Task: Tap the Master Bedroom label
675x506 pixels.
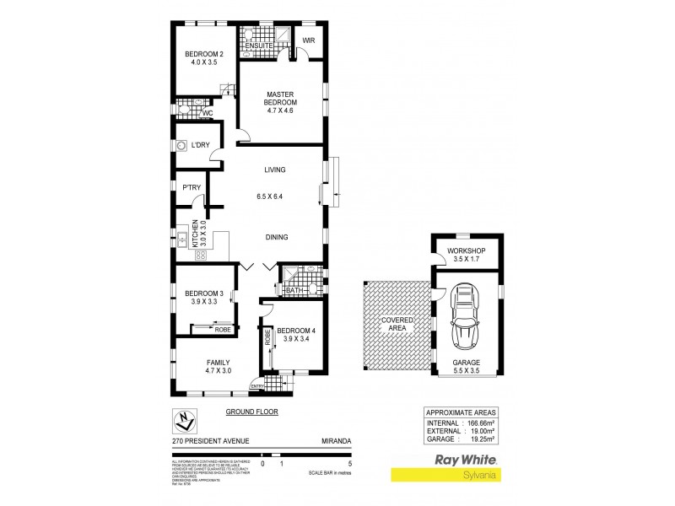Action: click(279, 99)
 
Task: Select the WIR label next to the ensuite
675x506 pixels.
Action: click(309, 40)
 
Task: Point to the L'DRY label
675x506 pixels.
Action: click(200, 145)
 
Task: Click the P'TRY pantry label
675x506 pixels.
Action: click(185, 188)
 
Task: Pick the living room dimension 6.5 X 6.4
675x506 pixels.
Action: click(275, 196)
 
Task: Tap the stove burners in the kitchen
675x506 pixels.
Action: click(201, 255)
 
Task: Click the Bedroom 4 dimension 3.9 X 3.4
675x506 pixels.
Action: click(296, 338)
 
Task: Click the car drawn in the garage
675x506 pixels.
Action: click(465, 320)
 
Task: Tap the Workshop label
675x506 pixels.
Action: click(467, 252)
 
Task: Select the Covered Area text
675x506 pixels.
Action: click(396, 324)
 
